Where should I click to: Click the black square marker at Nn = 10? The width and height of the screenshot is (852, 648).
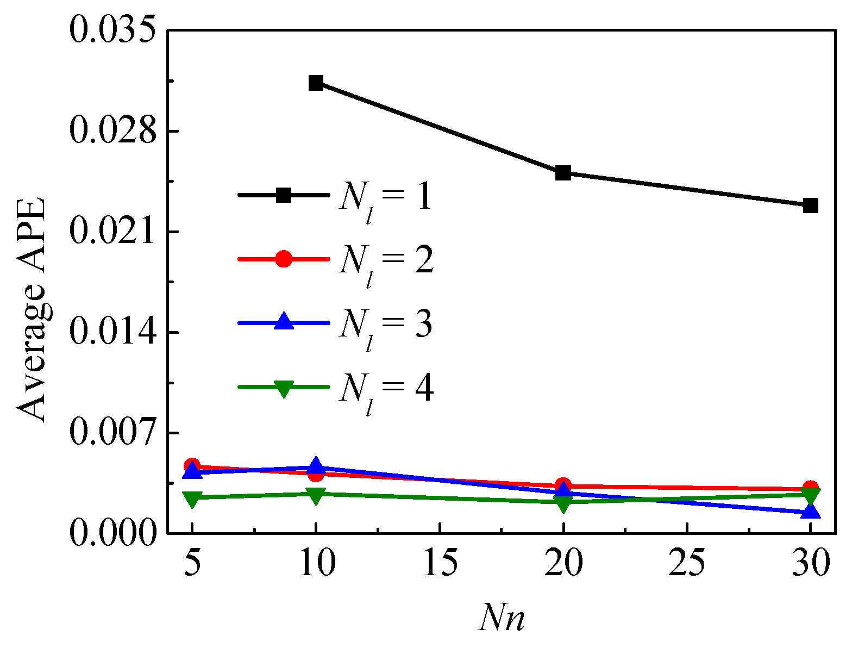pos(316,83)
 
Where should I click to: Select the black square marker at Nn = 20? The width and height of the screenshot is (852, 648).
pos(563,173)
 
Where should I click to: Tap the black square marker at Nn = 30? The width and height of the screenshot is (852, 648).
pos(810,205)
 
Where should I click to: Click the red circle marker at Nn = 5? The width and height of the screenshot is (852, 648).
pos(192,466)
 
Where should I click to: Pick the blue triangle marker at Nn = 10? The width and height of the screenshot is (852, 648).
pos(316,466)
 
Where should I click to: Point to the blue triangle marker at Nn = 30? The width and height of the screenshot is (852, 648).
pos(810,511)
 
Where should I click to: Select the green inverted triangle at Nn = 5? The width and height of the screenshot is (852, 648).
pos(192,499)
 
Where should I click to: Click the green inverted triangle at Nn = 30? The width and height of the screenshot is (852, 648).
pos(810,496)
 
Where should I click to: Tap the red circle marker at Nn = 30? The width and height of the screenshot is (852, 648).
pos(810,488)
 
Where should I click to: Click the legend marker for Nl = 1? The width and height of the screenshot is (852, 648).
pos(284,195)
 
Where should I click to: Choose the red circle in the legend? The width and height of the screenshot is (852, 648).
pos(284,259)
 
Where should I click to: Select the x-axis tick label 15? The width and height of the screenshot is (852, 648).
pos(439,564)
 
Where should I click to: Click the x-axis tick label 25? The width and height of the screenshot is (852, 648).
pos(687,564)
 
